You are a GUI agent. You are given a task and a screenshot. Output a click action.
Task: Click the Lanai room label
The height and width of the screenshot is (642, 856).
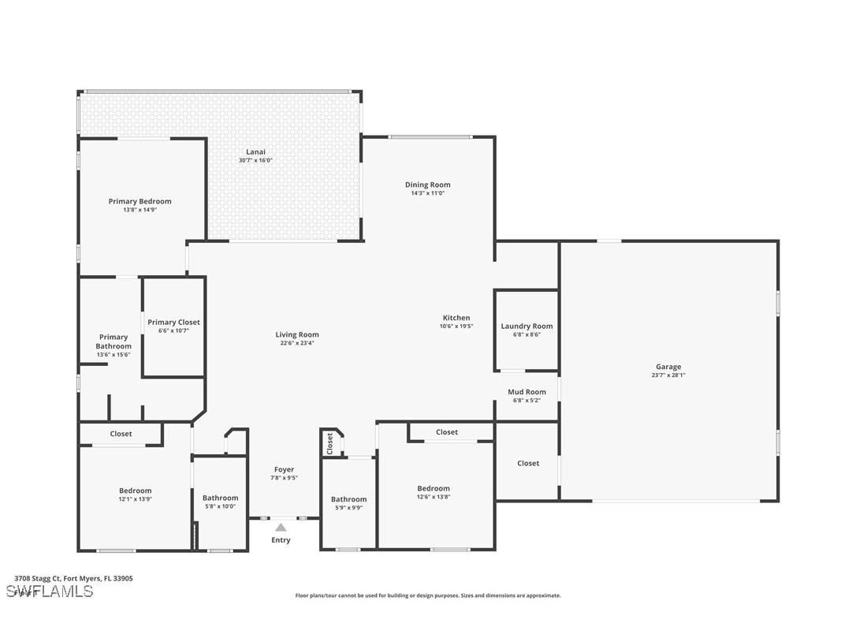(255, 151)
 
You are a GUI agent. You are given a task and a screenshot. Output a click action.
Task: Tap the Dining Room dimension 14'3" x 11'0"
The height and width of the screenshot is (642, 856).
(427, 193)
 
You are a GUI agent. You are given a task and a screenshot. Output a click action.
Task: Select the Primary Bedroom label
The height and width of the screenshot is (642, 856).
(140, 201)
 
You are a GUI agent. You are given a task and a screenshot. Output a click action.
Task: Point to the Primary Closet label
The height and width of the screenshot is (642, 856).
(173, 322)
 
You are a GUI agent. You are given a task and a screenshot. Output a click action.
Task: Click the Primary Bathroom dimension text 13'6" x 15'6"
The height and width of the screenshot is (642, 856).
(114, 355)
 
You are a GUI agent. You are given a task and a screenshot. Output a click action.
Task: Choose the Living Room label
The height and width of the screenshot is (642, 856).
(297, 334)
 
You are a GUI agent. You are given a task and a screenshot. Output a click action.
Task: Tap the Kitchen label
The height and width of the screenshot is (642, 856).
(456, 318)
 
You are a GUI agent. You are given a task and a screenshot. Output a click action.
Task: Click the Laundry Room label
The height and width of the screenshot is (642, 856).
(527, 326)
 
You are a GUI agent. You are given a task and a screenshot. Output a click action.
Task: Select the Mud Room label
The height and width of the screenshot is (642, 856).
(527, 392)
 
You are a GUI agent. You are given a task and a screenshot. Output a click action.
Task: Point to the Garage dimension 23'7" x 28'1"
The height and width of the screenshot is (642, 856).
(668, 375)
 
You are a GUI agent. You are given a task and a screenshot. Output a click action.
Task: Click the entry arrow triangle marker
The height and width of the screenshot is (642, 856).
(281, 528)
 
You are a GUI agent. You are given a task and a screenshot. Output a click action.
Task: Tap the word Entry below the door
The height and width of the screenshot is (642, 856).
(281, 540)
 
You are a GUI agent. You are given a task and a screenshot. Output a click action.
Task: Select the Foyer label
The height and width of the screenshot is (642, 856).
(284, 469)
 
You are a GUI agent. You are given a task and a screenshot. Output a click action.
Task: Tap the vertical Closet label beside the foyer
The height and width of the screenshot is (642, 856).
(330, 444)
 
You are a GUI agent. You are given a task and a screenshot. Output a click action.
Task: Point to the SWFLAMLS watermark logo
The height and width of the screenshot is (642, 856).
(50, 592)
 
